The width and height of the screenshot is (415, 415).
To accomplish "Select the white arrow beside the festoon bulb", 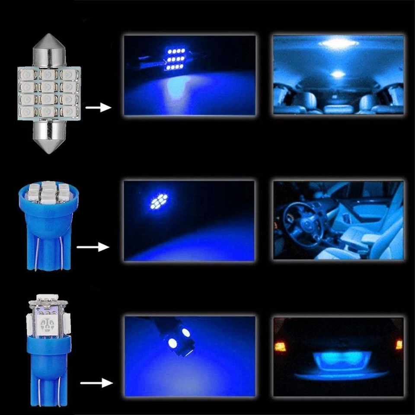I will pyautogui.click(x=99, y=106).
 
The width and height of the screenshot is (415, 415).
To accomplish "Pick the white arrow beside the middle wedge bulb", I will pyautogui.click(x=93, y=247).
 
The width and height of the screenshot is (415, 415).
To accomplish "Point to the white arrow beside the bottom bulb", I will pyautogui.click(x=96, y=383).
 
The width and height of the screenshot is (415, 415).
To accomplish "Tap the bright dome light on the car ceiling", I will pyautogui.click(x=338, y=43).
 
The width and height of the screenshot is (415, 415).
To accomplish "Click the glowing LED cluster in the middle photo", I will pyautogui.click(x=158, y=201).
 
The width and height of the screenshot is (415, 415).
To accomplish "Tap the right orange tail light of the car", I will pyautogui.click(x=399, y=345).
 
